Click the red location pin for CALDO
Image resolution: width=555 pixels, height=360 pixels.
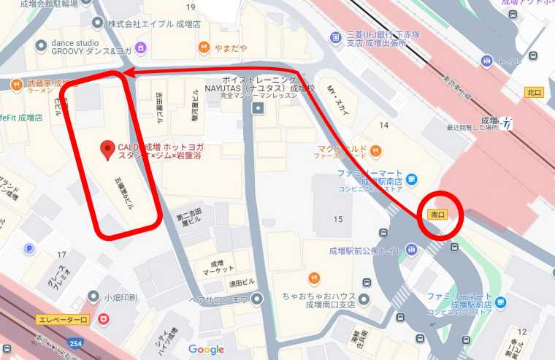[107, 149]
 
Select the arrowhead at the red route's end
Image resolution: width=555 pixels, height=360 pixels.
[126, 73]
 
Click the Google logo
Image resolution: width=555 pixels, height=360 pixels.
[206, 349]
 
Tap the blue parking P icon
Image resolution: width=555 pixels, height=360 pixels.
[29, 248]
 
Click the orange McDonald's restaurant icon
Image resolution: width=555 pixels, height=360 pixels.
[376, 150]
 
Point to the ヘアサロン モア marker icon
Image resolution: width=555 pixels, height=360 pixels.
[256, 299]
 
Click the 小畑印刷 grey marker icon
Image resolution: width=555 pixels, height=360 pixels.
[93, 296]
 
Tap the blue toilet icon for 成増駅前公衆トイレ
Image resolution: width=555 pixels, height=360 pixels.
[413, 251]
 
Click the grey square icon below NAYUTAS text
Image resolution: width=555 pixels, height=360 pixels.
[257, 109]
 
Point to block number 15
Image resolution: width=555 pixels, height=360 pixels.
[337, 218]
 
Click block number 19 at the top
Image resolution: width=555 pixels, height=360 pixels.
[191, 7]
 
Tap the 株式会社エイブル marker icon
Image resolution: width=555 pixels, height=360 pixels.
[99, 23]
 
